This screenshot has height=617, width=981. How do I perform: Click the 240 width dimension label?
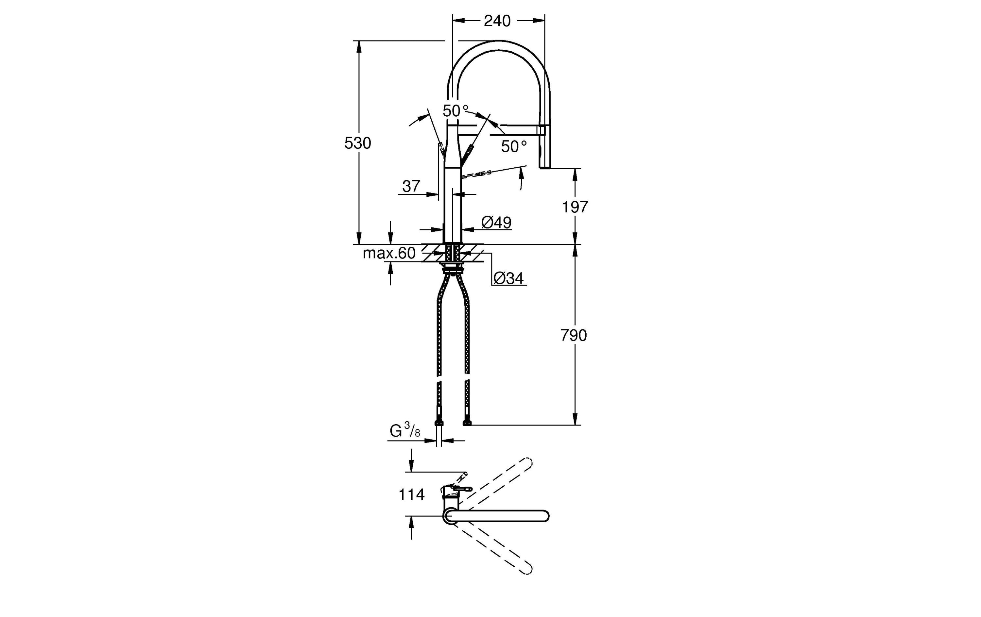(x=497, y=21)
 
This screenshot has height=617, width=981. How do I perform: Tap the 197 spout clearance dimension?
(x=575, y=207)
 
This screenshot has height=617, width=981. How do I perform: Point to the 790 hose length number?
(x=573, y=336)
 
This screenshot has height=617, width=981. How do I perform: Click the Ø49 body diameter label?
(x=496, y=222)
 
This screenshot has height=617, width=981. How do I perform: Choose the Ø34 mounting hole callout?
(x=508, y=278)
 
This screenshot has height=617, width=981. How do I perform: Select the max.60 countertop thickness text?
(x=389, y=253)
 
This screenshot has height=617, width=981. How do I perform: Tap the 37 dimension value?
(x=411, y=187)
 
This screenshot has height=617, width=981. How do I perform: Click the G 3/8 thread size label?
(x=404, y=431)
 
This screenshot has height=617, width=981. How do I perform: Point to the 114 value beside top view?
(x=411, y=495)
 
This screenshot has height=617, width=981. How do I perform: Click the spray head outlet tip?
(x=545, y=167)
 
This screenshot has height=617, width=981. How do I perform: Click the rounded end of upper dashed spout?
(x=528, y=463)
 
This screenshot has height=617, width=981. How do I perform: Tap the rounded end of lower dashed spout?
(x=528, y=569)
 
